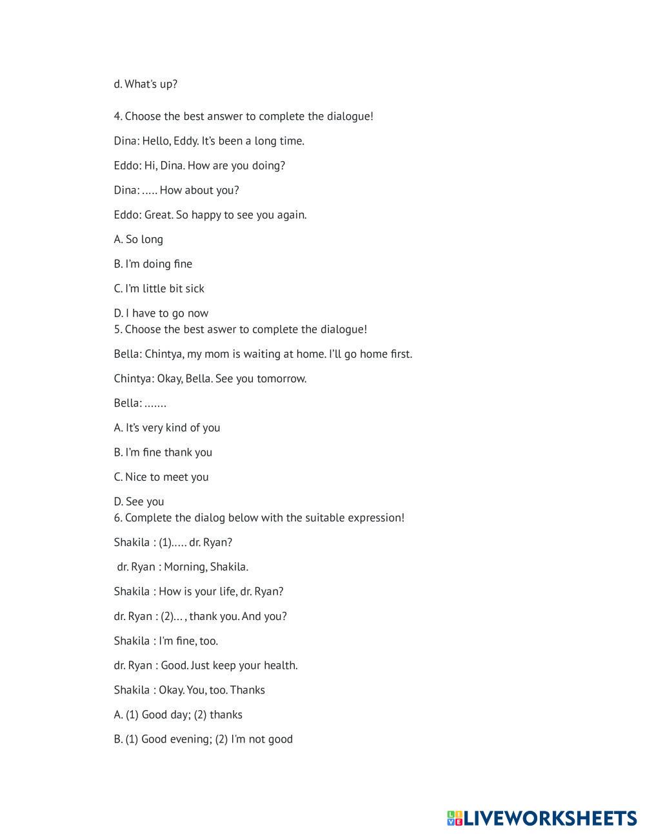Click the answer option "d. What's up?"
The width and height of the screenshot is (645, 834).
(145, 84)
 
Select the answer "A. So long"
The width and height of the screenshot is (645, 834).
(138, 239)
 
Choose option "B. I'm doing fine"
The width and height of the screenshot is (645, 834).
(153, 264)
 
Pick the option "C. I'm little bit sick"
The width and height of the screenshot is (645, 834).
(159, 288)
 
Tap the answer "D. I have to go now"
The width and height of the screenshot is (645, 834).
(161, 313)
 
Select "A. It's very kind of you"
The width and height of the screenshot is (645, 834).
(166, 427)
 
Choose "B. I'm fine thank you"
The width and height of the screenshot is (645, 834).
(163, 452)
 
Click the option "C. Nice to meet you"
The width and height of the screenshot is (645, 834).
(161, 477)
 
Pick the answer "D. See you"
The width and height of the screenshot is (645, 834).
(139, 501)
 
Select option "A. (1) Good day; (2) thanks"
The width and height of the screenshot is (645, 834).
(178, 714)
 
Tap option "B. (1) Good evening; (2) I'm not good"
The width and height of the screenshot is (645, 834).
(203, 739)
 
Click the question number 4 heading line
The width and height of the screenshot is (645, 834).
(243, 117)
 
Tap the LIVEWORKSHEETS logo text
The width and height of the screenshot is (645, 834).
(550, 818)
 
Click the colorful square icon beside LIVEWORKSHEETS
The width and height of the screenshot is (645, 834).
(455, 819)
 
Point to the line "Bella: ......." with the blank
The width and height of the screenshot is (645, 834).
(140, 403)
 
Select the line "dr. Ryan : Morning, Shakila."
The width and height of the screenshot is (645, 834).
(183, 567)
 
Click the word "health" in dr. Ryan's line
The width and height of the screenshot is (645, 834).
(280, 665)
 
